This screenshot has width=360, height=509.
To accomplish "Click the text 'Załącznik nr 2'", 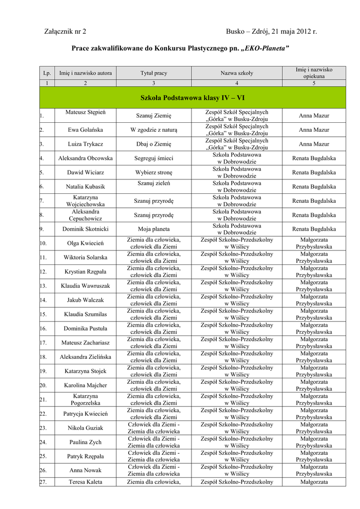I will pyautogui.click(x=65, y=32).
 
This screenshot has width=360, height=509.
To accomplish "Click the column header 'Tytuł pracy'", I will pyautogui.click(x=154, y=73).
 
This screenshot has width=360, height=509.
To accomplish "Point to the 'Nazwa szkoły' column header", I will pyautogui.click(x=237, y=73).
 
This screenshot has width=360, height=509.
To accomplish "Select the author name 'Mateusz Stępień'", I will pyautogui.click(x=86, y=112).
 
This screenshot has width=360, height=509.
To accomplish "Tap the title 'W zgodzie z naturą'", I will pyautogui.click(x=154, y=130).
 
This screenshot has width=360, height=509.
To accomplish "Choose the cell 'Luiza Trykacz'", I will pyautogui.click(x=86, y=144).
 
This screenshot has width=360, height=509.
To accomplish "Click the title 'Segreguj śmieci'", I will pyautogui.click(x=154, y=158).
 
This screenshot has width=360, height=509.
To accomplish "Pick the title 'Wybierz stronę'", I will pyautogui.click(x=154, y=172).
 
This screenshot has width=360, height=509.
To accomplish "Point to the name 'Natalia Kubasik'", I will pyautogui.click(x=86, y=187).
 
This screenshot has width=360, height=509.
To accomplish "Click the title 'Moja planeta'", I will pyautogui.click(x=154, y=229).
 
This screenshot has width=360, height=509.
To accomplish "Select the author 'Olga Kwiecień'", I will pyautogui.click(x=86, y=244).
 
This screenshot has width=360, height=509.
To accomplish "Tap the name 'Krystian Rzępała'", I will pyautogui.click(x=86, y=272).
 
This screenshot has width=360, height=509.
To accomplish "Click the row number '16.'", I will pyautogui.click(x=43, y=329).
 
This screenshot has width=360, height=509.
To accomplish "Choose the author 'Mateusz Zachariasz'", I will pyautogui.click(x=86, y=343).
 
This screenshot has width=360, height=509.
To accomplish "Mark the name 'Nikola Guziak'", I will pyautogui.click(x=86, y=428).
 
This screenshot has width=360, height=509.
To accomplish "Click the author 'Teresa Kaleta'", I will pyautogui.click(x=86, y=482).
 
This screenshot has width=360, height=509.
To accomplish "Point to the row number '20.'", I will pyautogui.click(x=43, y=385).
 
